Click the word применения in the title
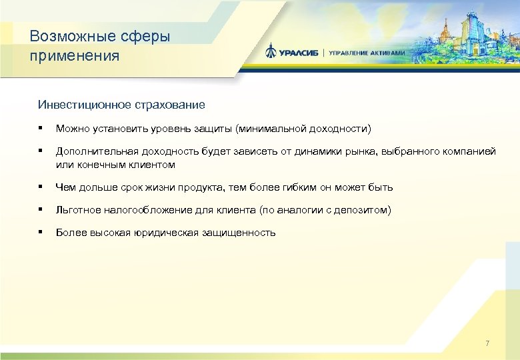coord(75,55)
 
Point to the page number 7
coord(487,343)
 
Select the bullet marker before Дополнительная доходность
coord(41,151)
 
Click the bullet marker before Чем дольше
coord(41,187)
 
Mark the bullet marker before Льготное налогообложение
coord(41,210)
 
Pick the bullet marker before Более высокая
coord(41,233)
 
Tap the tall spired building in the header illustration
coord(443,30)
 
